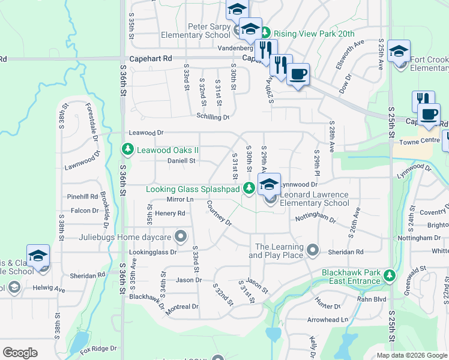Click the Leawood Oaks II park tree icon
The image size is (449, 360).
pos(127,148)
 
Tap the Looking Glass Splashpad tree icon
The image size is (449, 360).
pos(249,189)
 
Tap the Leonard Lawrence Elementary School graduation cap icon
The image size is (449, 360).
pos(270,184)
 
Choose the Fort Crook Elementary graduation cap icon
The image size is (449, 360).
pos(399,51)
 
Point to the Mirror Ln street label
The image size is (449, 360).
pos(180,199)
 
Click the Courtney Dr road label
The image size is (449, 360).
pos(219,212)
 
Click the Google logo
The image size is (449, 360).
pos(20,353)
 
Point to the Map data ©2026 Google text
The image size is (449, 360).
pos(411,355)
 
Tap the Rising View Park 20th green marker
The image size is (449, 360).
pos(263,34)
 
